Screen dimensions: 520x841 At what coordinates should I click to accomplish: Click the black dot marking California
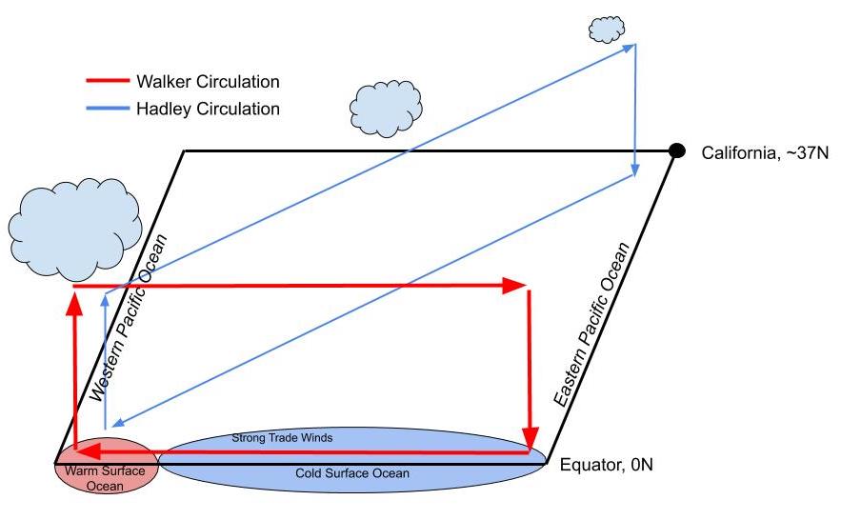[x=676, y=150]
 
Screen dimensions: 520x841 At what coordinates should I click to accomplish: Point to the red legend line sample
[x=108, y=82]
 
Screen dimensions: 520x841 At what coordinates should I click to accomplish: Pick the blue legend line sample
[x=108, y=109]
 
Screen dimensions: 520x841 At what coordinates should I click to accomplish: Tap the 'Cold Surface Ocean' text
[x=351, y=473]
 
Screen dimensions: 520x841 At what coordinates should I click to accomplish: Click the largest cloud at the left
[x=73, y=230]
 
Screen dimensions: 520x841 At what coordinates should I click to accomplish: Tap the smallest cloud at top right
[x=606, y=29]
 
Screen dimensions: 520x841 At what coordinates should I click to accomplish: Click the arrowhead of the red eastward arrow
[x=517, y=285]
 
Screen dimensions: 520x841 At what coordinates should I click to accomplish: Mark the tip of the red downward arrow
[x=531, y=437]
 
